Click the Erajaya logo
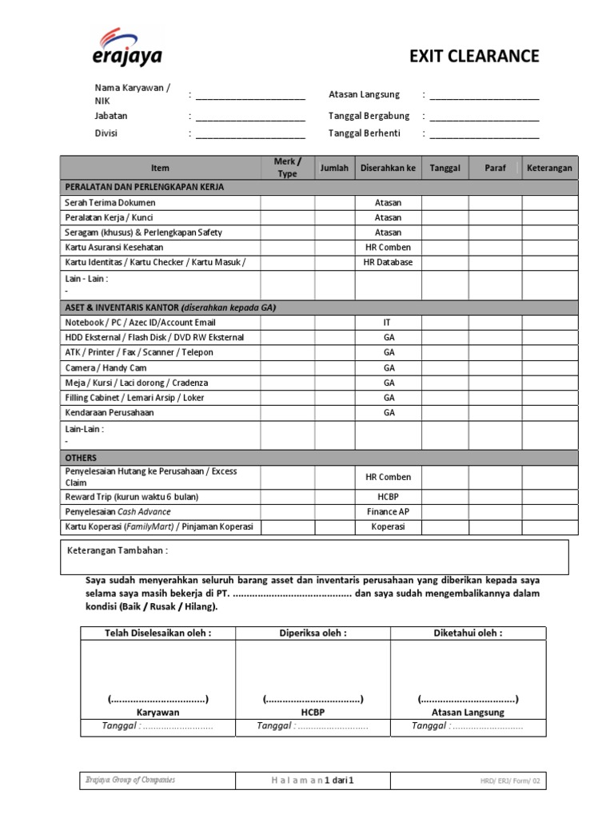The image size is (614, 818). coord(127,46)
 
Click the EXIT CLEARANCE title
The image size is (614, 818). coord(474,56)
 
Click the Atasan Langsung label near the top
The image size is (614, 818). coord(364,94)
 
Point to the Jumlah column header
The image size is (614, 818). coord(334,169)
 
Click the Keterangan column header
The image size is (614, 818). coord(549,169)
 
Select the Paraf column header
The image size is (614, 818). coord(495,169)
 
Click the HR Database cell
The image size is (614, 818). coord(389,262)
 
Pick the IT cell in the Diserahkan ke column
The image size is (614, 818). coord(389,323)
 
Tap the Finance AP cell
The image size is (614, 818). coord(389,511)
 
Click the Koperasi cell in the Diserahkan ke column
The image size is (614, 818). coord(389,527)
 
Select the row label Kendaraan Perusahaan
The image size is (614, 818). coord(109,412)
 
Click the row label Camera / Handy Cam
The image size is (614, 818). coord(105,367)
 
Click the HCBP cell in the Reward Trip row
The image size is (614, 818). coord(389,496)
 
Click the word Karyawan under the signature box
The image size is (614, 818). coord(157,712)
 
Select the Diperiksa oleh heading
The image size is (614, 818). coord(313,633)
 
